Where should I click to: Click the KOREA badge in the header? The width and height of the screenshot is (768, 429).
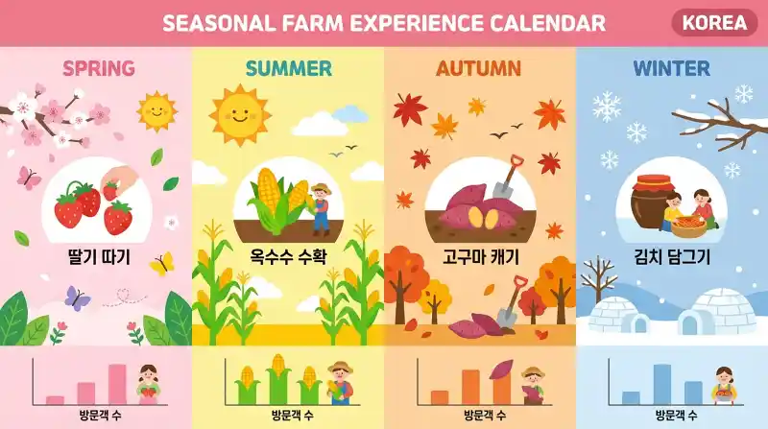click(x=714, y=23)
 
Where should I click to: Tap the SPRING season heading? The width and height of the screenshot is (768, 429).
click(x=98, y=68)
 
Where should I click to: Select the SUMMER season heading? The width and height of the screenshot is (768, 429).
click(x=288, y=68)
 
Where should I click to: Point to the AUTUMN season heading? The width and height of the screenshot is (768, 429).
click(x=478, y=68)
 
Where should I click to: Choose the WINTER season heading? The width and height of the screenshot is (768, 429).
click(x=671, y=68)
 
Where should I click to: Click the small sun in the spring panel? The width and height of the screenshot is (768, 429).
click(x=157, y=111)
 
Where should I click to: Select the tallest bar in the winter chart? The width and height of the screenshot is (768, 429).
click(x=661, y=384)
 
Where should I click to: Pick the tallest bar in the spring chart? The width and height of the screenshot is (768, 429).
click(x=117, y=384)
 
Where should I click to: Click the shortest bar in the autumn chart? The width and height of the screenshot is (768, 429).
click(x=440, y=397)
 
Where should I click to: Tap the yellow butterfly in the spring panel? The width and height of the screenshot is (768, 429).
click(x=161, y=263)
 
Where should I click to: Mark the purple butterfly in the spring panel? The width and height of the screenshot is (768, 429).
click(x=77, y=298)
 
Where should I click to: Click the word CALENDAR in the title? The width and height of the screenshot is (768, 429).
click(x=546, y=23)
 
